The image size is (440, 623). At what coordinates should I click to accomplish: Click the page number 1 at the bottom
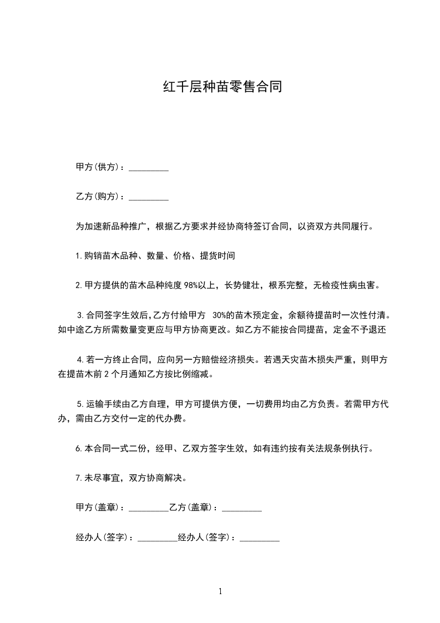tap(220, 591)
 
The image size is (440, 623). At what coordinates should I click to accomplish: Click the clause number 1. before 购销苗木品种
tap(79, 256)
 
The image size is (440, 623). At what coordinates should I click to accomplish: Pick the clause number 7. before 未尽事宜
tap(79, 477)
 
